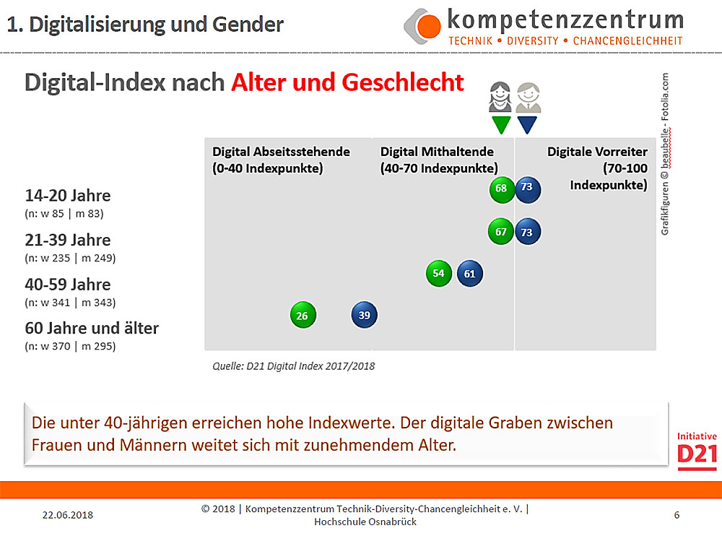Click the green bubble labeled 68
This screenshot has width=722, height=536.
[x=501, y=189]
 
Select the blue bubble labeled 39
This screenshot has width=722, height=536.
[x=365, y=315]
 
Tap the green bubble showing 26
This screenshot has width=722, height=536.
[x=303, y=316]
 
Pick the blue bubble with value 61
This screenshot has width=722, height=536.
[x=469, y=273]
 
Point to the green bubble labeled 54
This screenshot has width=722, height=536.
[x=438, y=273]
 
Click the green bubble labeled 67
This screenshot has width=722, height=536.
[x=501, y=232]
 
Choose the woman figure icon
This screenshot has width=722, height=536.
[x=500, y=98]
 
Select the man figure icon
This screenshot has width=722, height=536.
[x=528, y=98]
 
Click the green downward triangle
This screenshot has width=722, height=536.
[x=501, y=124]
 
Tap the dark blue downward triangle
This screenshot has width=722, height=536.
[x=528, y=124]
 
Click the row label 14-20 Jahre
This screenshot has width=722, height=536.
[x=68, y=196]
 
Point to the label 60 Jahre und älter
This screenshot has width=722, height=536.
[x=92, y=328]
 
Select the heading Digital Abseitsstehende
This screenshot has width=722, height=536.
[x=281, y=152]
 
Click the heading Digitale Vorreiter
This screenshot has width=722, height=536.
[x=597, y=152]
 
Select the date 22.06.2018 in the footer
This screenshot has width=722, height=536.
[x=68, y=515]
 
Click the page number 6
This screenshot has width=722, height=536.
[x=677, y=515]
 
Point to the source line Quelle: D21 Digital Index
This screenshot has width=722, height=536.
[x=293, y=366]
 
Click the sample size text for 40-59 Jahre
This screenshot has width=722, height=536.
[x=70, y=302]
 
